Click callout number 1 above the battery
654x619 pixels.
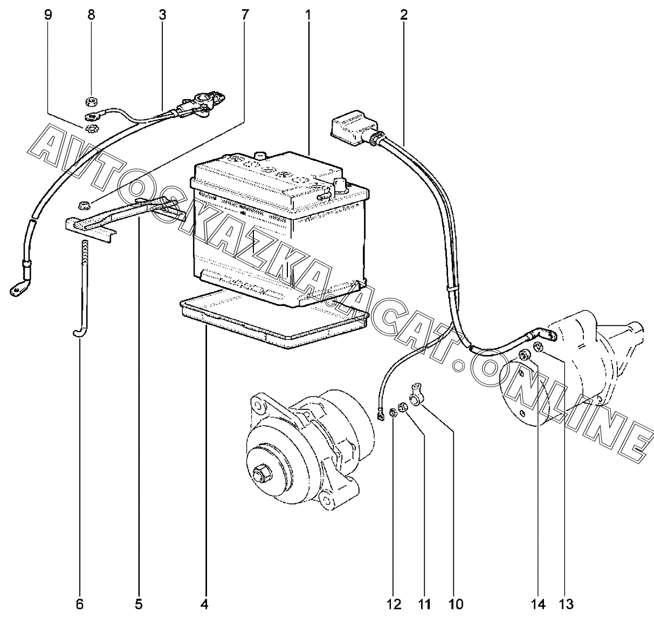308,15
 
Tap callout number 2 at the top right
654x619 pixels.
403,15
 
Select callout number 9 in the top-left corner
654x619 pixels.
48,15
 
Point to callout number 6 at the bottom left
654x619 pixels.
79,604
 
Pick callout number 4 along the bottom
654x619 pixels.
204,604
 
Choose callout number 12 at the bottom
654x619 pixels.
394,604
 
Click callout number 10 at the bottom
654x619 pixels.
456,604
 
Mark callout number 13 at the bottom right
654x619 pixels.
566,604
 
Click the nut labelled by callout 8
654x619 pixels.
90,102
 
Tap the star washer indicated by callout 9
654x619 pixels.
90,128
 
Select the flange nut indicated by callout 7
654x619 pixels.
84,205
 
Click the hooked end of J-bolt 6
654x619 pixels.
79,332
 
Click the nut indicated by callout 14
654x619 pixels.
524,354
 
